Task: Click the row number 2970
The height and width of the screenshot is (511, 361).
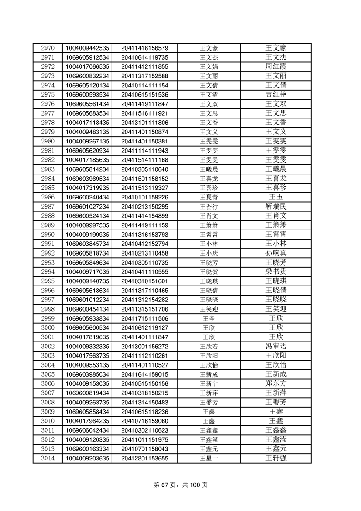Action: [x=47, y=48]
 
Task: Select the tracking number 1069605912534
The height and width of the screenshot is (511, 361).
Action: [x=87, y=57]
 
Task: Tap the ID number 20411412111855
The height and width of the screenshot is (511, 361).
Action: [x=145, y=66]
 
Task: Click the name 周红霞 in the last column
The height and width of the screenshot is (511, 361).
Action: [x=276, y=66]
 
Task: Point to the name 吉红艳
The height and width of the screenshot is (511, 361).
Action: [x=276, y=95]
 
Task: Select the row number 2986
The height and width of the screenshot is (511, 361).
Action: [x=47, y=197]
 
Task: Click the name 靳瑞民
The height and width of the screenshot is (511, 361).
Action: [x=276, y=206]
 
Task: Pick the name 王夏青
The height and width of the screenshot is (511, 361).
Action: [x=209, y=197]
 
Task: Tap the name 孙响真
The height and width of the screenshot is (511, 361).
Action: [x=276, y=253]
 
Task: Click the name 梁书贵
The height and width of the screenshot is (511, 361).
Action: [x=276, y=272]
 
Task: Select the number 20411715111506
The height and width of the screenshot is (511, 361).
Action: [x=145, y=318]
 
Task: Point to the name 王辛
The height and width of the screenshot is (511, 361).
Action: [x=209, y=318]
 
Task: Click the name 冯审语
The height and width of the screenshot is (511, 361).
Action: [x=276, y=347]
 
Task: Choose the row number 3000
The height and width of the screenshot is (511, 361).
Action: [x=47, y=328]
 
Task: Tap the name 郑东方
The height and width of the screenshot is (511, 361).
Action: [x=276, y=384]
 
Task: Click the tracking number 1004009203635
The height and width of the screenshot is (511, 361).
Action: [x=87, y=458]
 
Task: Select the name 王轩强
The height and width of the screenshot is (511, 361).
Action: [x=276, y=458]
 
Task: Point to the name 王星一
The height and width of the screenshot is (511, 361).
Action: [x=209, y=458]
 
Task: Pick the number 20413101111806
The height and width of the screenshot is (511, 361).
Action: [x=145, y=123]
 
